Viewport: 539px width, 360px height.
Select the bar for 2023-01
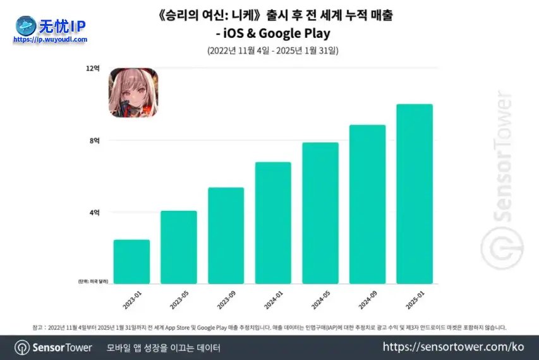[x=131, y=261]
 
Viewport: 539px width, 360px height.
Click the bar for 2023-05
[x=179, y=247]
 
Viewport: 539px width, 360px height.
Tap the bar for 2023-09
[x=226, y=236]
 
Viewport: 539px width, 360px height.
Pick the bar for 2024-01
[x=273, y=223]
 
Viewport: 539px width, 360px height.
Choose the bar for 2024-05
[x=320, y=213]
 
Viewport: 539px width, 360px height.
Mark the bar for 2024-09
[x=367, y=204]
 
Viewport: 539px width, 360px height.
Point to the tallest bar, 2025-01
[x=415, y=194]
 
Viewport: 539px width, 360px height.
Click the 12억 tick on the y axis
[x=94, y=68]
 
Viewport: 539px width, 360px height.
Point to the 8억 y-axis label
[x=95, y=141]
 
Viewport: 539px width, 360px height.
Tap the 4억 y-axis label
[x=95, y=213]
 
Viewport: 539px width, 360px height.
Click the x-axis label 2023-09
[x=226, y=299]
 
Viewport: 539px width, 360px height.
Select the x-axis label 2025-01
[x=415, y=299]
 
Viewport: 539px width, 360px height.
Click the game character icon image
[x=134, y=93]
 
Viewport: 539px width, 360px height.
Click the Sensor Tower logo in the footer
[x=54, y=347]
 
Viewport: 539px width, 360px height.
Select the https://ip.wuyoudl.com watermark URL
[x=51, y=39]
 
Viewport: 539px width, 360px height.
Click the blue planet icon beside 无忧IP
[x=27, y=25]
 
